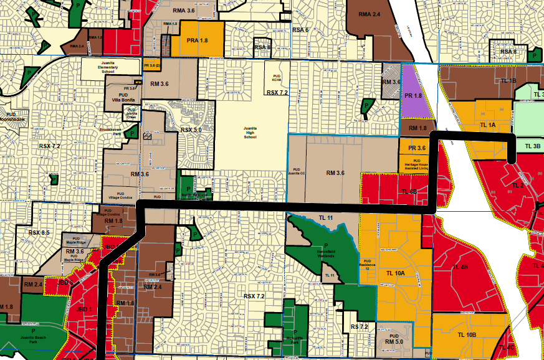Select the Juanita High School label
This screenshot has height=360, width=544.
[x=250, y=133]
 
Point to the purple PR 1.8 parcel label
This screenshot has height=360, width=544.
[x=413, y=96]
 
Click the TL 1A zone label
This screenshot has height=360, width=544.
[x=487, y=125]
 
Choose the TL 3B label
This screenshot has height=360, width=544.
[x=533, y=146]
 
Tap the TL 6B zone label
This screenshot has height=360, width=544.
[x=409, y=192]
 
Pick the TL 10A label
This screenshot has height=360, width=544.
[x=396, y=273]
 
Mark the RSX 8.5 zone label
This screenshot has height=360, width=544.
[x=39, y=232]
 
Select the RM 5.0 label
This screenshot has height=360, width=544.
[x=394, y=342]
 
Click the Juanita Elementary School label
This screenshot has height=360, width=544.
[x=100, y=67]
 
